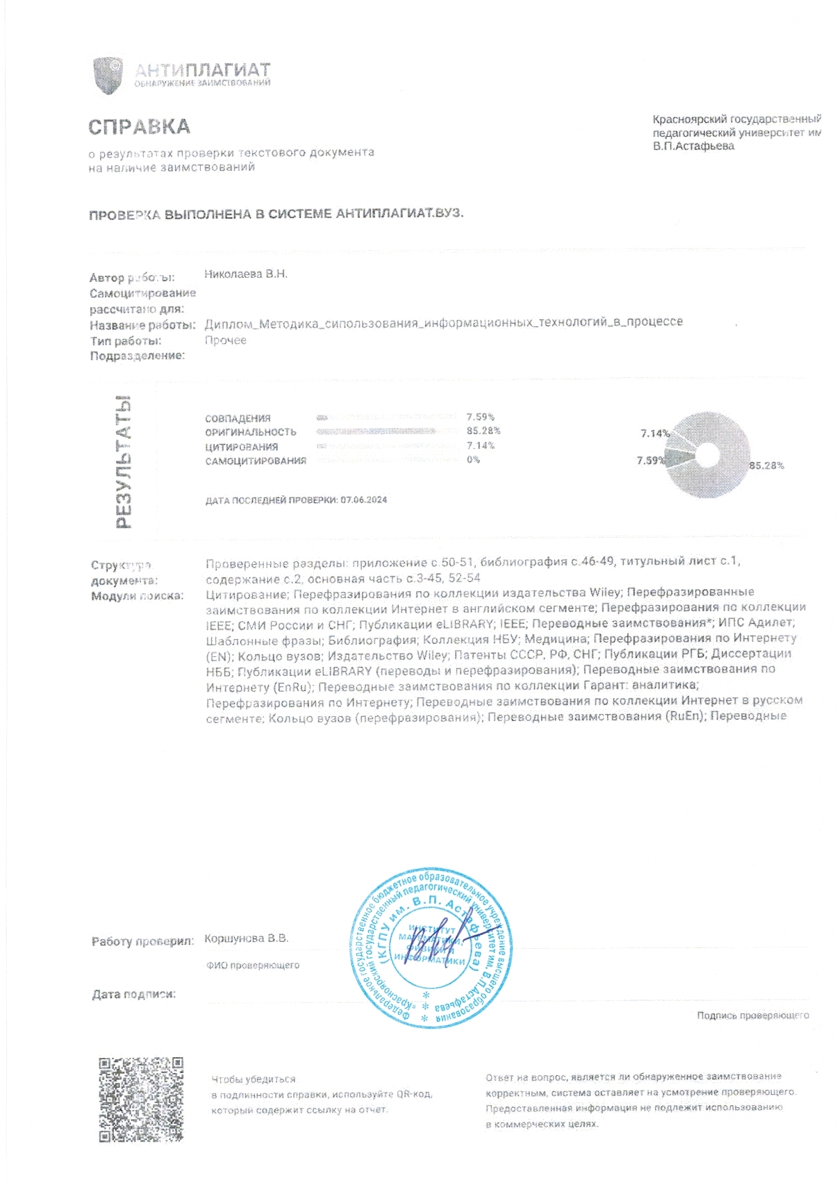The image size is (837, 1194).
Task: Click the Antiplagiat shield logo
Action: (108, 75)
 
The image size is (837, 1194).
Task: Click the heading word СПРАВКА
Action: (139, 127)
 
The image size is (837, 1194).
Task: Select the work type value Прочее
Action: (226, 340)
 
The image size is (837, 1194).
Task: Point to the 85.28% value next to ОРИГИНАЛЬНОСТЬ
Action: (483, 431)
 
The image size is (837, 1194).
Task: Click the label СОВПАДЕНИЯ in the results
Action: (238, 418)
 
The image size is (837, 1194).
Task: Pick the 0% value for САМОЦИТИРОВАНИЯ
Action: (473, 460)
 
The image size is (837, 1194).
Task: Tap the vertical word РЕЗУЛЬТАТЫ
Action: (123, 463)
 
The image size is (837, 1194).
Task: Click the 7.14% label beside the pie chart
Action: (654, 433)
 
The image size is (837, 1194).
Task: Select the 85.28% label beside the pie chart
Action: (766, 465)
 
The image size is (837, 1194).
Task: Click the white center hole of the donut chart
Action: (706, 456)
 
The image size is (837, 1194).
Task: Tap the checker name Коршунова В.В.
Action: (247, 938)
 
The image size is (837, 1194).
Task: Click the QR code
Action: (140, 1100)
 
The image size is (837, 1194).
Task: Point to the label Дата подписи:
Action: (134, 995)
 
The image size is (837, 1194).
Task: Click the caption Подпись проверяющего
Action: (753, 1015)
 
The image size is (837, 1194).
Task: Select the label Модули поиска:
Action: (138, 596)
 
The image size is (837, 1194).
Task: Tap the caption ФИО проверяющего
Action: (253, 965)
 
